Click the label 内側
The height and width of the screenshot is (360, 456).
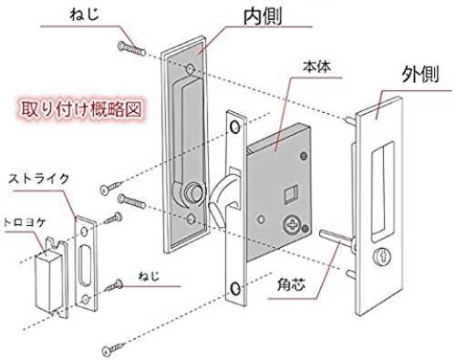point(264,16)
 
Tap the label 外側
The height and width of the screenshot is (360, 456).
point(420,74)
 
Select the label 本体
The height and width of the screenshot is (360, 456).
point(316,67)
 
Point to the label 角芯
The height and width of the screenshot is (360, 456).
point(291,284)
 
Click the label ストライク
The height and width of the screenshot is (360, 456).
point(39,179)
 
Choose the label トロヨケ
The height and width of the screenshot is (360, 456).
point(24,222)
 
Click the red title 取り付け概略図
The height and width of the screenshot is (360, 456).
point(81,109)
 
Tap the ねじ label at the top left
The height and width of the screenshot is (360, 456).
point(84,15)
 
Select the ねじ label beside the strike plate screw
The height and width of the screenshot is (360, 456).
point(149,276)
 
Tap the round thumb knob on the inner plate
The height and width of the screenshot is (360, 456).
point(192,191)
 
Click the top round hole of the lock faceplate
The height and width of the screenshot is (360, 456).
point(235,127)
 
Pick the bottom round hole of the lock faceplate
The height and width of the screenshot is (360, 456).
point(235,289)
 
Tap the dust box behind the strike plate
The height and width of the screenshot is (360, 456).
point(48,282)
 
